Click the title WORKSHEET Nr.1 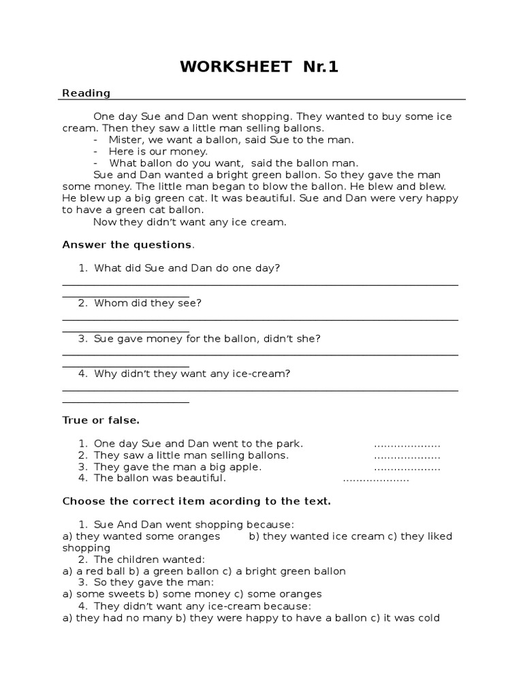(259, 67)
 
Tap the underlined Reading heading (86, 93)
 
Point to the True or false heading (101, 420)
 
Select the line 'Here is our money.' (158, 151)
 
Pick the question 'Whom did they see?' (148, 303)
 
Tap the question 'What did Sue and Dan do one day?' (187, 268)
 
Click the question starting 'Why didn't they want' (192, 374)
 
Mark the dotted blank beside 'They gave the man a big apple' (407, 468)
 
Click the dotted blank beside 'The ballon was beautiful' (375, 479)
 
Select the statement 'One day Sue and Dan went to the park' (198, 444)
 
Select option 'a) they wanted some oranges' (141, 536)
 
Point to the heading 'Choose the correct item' (196, 501)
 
